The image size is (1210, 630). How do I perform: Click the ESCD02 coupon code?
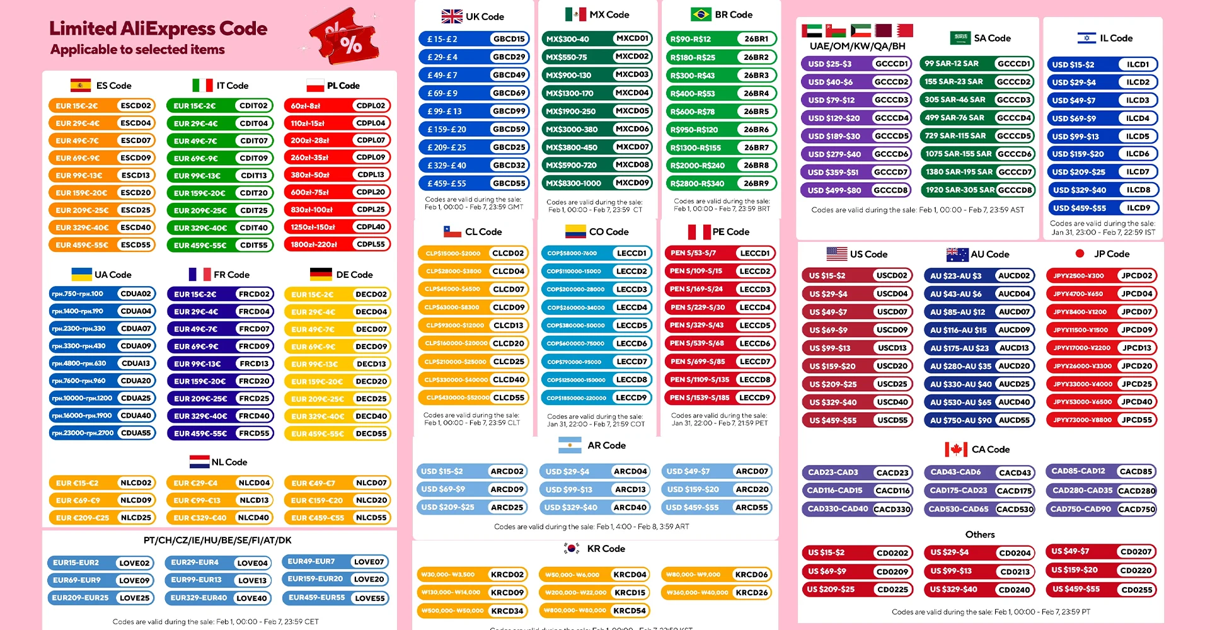[135, 106]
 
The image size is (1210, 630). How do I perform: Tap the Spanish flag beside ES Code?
[81, 86]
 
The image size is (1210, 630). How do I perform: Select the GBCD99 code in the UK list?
[509, 111]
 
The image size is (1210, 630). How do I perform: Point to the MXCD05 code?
[632, 111]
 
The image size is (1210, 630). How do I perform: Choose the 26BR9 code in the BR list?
[756, 183]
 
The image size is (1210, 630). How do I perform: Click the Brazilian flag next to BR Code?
[701, 14]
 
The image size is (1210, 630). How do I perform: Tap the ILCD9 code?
[1138, 208]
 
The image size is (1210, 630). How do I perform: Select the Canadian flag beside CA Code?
[956, 449]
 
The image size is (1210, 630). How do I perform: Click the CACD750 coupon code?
[1137, 509]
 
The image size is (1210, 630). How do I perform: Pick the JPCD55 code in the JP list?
[1137, 420]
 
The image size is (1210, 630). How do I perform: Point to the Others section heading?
[980, 534]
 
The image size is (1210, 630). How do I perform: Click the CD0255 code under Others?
[1137, 590]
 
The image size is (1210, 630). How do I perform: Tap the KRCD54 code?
[630, 610]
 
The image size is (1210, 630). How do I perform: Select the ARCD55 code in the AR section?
[752, 507]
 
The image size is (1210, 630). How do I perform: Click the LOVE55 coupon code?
[369, 598]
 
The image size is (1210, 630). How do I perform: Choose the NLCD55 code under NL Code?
[371, 517]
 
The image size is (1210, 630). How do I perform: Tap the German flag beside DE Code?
[321, 275]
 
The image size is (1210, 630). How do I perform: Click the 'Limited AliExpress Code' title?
[158, 28]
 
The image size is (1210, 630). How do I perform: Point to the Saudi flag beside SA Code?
[960, 38]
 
